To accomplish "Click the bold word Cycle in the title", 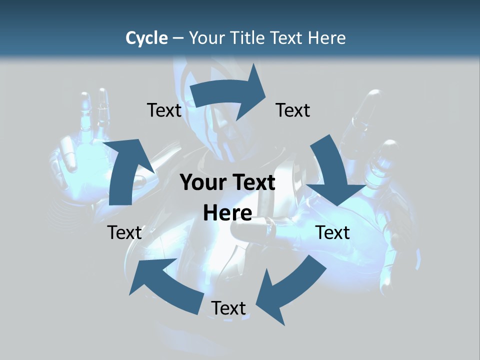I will pyautogui.click(x=146, y=38).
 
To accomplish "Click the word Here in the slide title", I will pyautogui.click(x=326, y=38).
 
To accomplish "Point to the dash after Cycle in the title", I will pyautogui.click(x=178, y=38).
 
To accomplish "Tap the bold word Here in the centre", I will pyautogui.click(x=227, y=213).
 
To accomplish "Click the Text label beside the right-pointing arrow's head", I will pyautogui.click(x=293, y=110).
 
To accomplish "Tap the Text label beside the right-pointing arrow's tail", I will pyautogui.click(x=164, y=110).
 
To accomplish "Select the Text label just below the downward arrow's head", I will pyautogui.click(x=333, y=232).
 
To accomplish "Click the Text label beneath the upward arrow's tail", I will pyautogui.click(x=124, y=232).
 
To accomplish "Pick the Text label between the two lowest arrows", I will pyautogui.click(x=228, y=308).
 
